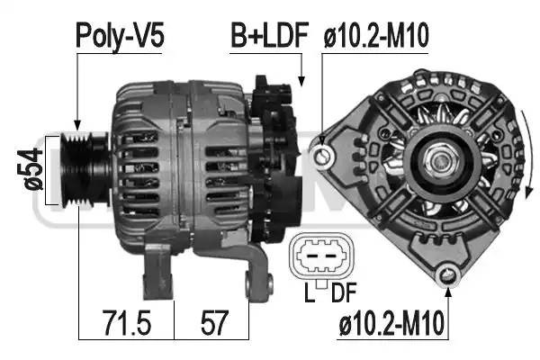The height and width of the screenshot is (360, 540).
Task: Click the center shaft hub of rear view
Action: point(444,162)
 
